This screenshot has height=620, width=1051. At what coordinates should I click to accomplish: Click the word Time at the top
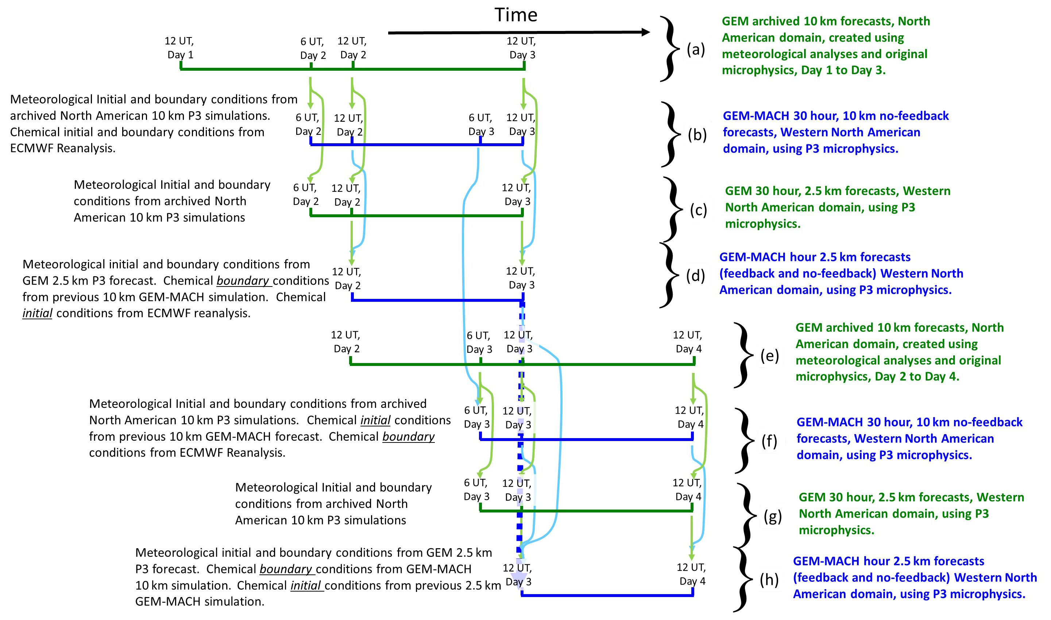tap(515, 15)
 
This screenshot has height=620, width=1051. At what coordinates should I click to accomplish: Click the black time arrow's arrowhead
tap(646, 32)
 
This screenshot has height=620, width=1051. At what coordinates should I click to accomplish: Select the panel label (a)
tap(696, 50)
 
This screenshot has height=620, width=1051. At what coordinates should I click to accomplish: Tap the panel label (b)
tap(697, 134)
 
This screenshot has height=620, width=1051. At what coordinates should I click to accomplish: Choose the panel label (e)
tap(769, 355)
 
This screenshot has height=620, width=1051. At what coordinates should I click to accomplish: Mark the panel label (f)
tap(769, 441)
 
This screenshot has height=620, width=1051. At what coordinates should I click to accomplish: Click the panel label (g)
tap(772, 516)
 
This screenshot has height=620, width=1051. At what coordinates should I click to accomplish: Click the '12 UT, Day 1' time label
tap(179, 48)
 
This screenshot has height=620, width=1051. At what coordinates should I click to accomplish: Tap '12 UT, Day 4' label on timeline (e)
tap(688, 342)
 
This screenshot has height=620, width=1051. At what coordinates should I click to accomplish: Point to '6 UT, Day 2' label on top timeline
tap(313, 48)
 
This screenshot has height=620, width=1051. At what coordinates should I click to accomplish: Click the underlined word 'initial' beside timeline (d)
tap(37, 313)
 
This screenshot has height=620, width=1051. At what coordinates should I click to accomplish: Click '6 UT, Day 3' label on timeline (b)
tap(481, 125)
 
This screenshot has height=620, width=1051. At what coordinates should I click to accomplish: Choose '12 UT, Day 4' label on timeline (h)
tap(691, 574)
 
